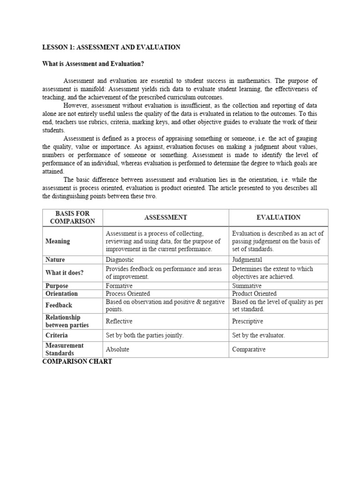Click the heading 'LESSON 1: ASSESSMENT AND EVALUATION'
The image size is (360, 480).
[x=111, y=47]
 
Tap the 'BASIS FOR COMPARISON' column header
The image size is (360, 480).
[x=72, y=217]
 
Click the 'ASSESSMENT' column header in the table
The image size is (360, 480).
[x=165, y=217]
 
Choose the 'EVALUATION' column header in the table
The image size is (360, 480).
[x=278, y=217]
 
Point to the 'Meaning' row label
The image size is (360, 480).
[x=58, y=241]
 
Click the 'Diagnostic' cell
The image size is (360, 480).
[x=120, y=260]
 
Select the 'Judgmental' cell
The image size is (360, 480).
[x=247, y=260]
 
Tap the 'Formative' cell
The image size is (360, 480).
[x=119, y=285]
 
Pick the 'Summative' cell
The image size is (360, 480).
[x=247, y=285]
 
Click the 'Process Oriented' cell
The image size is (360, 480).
[x=128, y=293]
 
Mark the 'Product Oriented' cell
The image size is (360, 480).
[x=254, y=293]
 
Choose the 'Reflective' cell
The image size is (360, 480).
[x=119, y=321]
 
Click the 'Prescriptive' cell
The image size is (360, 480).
[x=247, y=321]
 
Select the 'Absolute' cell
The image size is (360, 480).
[x=118, y=349]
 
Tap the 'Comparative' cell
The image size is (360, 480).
[x=249, y=349]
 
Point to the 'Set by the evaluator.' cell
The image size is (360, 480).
[x=258, y=335]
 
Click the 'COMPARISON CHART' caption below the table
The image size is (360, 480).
[x=77, y=362]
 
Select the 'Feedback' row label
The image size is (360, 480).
[x=59, y=305]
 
